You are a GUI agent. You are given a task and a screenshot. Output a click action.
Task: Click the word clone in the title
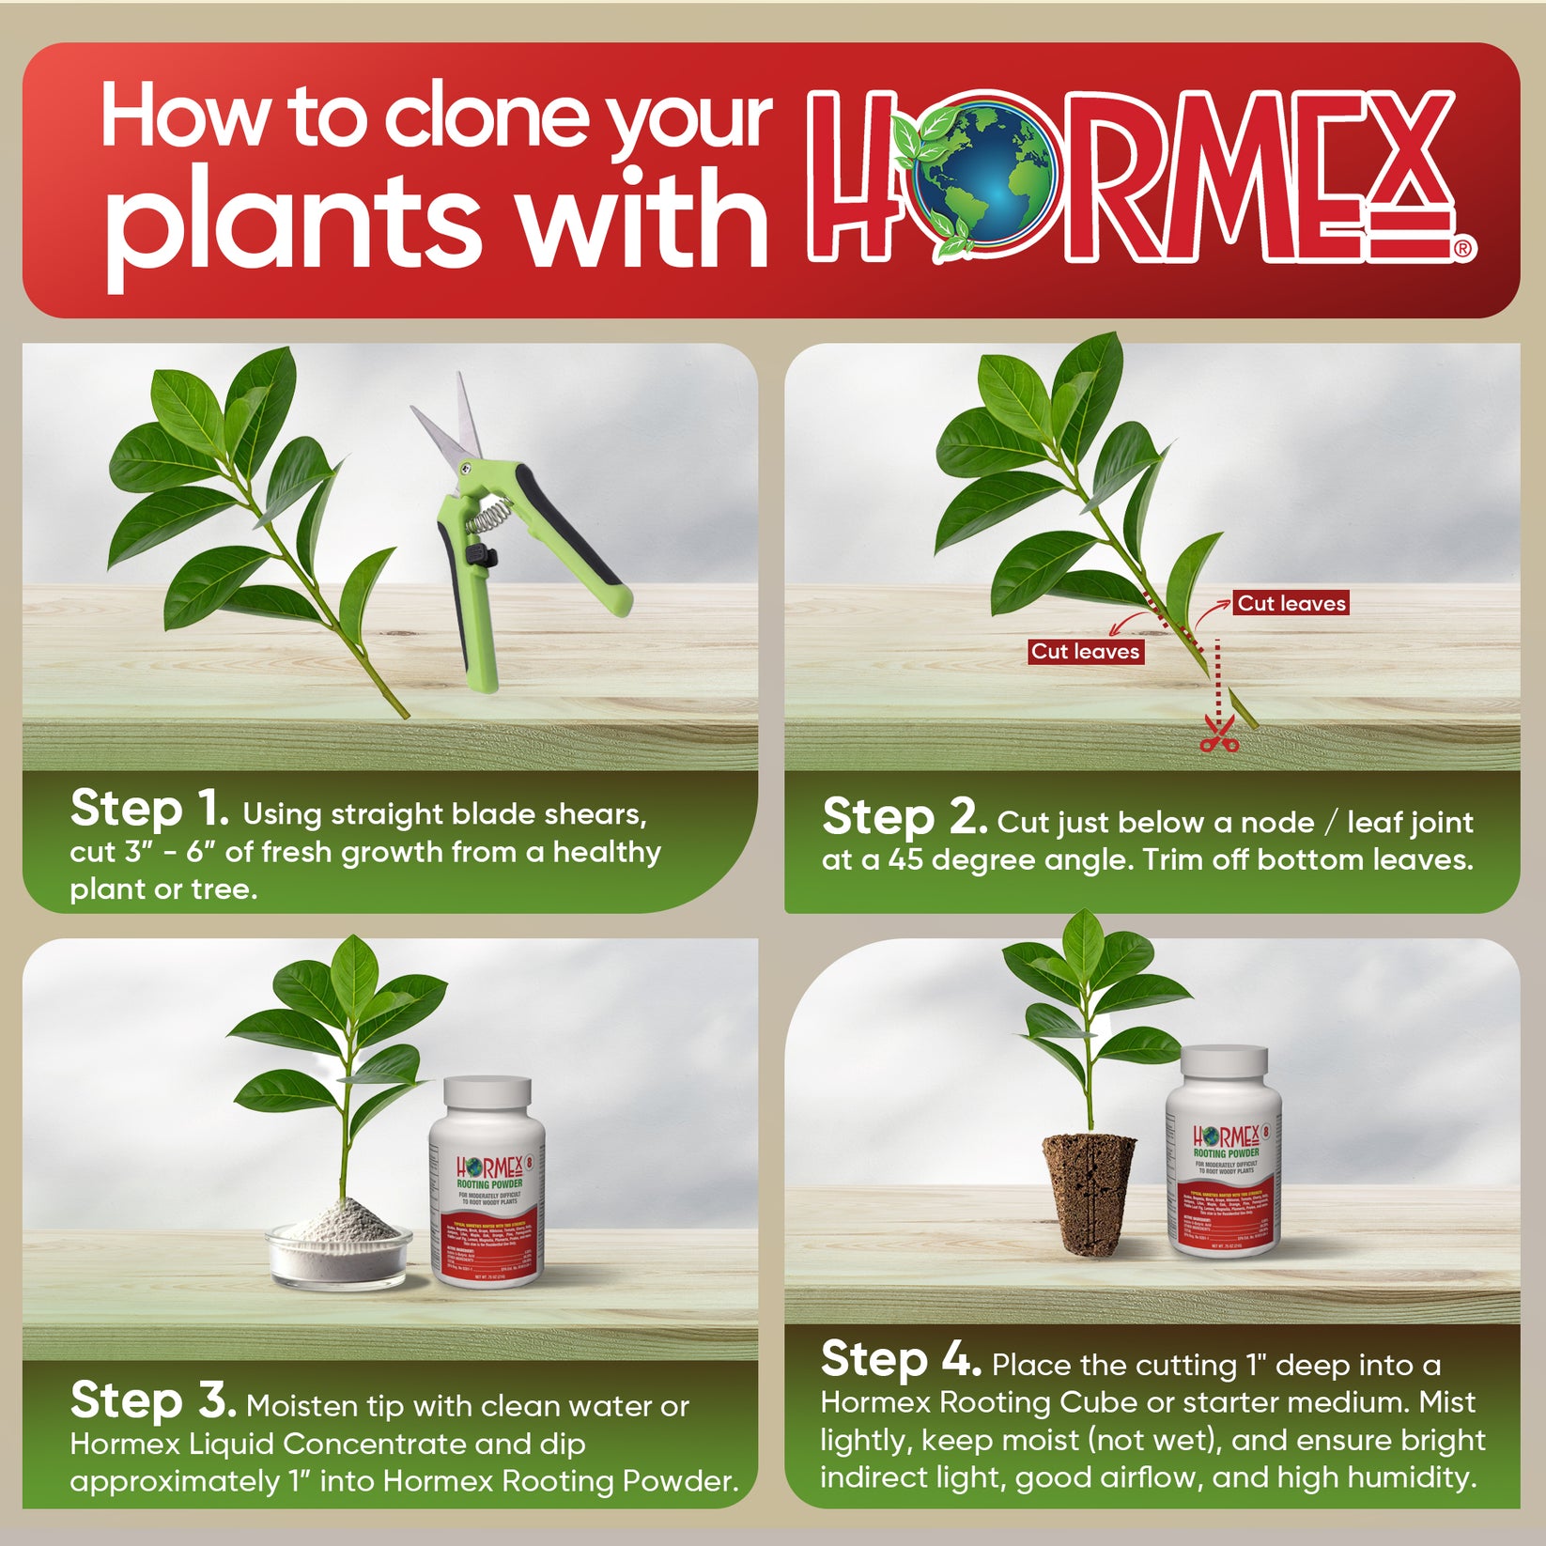click(x=488, y=119)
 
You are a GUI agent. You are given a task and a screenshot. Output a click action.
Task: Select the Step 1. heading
click(x=149, y=810)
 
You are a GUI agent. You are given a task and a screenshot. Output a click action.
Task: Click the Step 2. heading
click(x=904, y=818)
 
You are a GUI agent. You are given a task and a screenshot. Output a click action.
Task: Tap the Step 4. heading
click(x=900, y=1360)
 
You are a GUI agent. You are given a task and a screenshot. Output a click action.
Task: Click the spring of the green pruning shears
click(x=489, y=515)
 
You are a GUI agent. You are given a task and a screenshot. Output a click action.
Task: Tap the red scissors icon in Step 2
click(x=1218, y=735)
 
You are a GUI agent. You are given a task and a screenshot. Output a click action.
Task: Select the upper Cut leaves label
click(x=1291, y=603)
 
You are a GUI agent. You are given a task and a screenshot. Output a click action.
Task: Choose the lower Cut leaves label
click(x=1085, y=651)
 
